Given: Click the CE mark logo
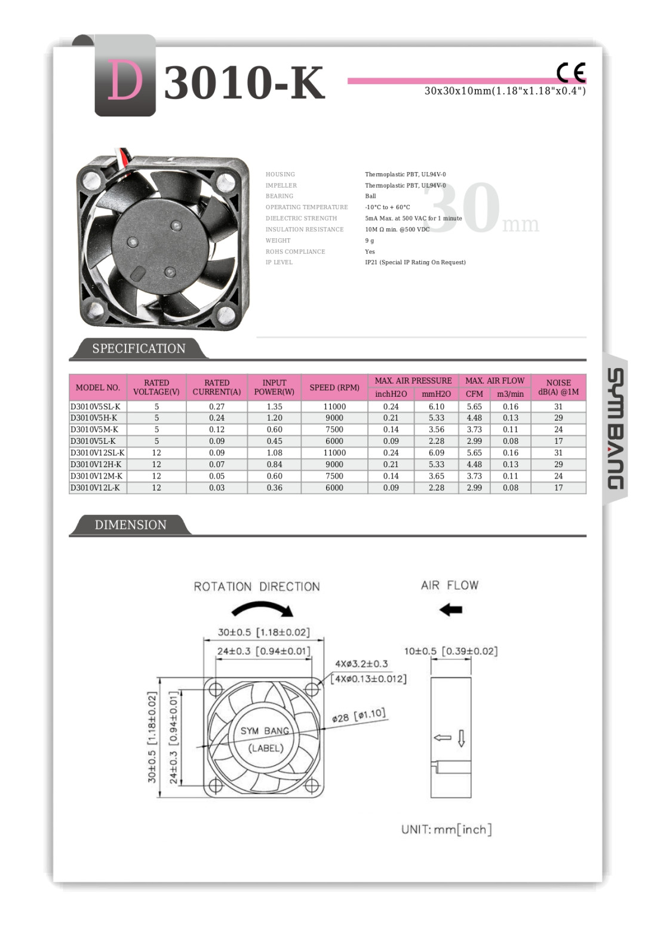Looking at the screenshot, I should click(x=571, y=72).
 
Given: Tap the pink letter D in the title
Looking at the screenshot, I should click(x=125, y=81).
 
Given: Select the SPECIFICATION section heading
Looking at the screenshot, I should click(x=139, y=348).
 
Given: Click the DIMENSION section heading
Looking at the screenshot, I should click(x=130, y=525).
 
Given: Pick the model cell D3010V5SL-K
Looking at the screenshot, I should click(x=96, y=406).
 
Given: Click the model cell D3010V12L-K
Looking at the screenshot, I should click(x=95, y=488).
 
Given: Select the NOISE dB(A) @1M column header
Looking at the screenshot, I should click(x=558, y=387).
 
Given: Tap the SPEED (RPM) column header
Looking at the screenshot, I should click(x=334, y=387).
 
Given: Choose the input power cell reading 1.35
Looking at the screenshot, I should click(x=274, y=406).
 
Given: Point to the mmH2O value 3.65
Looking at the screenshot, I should click(x=436, y=476).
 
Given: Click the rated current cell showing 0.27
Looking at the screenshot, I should click(x=216, y=406).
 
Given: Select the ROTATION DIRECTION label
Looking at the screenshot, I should click(x=256, y=587).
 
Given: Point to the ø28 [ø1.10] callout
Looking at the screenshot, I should click(x=358, y=716).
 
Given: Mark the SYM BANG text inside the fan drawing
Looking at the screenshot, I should click(x=265, y=731).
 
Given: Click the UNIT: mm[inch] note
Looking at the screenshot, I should click(x=446, y=829).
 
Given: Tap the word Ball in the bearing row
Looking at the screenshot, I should click(x=370, y=196).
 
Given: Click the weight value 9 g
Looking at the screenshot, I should click(x=369, y=241).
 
